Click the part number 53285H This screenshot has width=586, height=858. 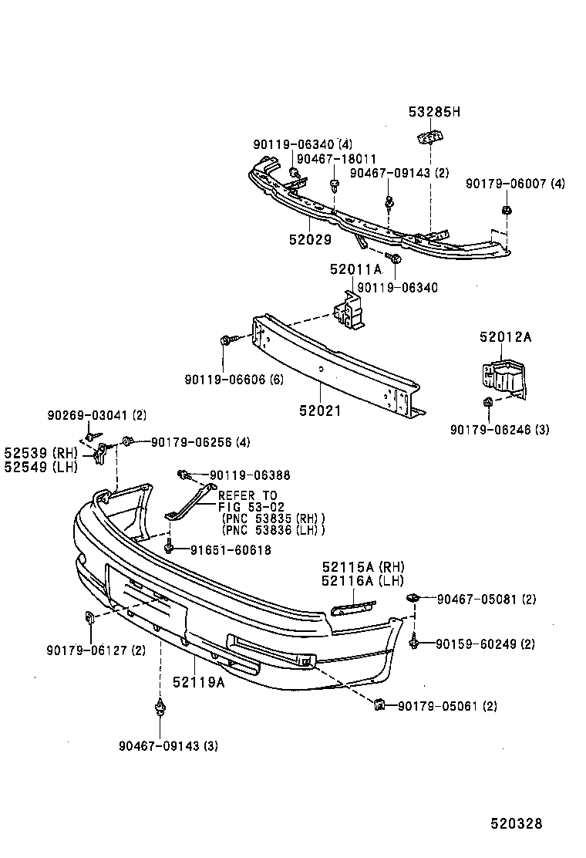point(433,112)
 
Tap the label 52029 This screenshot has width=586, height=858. point(310,240)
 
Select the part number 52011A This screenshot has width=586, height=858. point(355,269)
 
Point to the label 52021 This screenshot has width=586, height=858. point(320,411)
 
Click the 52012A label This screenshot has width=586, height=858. point(505,337)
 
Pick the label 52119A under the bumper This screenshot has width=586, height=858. point(198,682)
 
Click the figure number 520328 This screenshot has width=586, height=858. point(516,823)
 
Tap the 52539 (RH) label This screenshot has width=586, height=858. point(36,453)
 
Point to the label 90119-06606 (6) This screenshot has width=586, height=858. point(234,380)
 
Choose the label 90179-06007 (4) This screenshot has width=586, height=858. point(515,184)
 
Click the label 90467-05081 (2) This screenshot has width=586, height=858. point(487,599)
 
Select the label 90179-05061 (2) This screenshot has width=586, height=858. point(447,706)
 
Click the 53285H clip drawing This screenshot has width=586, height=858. point(430,137)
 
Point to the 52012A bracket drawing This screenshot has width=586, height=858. point(501,378)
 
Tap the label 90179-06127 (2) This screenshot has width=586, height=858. point(96,650)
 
